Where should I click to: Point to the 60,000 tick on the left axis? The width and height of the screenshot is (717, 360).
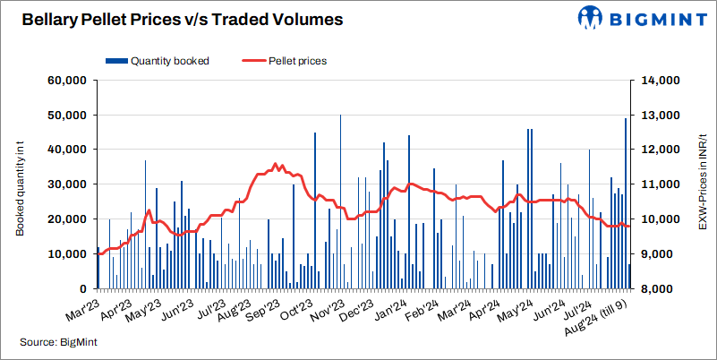click(x=65, y=81)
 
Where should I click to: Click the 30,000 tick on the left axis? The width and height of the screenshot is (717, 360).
click(x=65, y=184)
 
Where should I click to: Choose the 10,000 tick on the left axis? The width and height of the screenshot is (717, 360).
click(x=65, y=254)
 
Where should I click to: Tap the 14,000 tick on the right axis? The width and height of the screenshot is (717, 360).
click(x=658, y=81)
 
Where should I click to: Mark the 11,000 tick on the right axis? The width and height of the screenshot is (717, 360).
click(x=658, y=184)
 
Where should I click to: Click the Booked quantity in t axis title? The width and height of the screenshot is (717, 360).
click(x=20, y=184)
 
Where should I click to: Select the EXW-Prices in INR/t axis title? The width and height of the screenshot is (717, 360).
click(x=703, y=184)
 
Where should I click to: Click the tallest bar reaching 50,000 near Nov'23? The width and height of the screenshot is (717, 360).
click(x=340, y=201)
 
